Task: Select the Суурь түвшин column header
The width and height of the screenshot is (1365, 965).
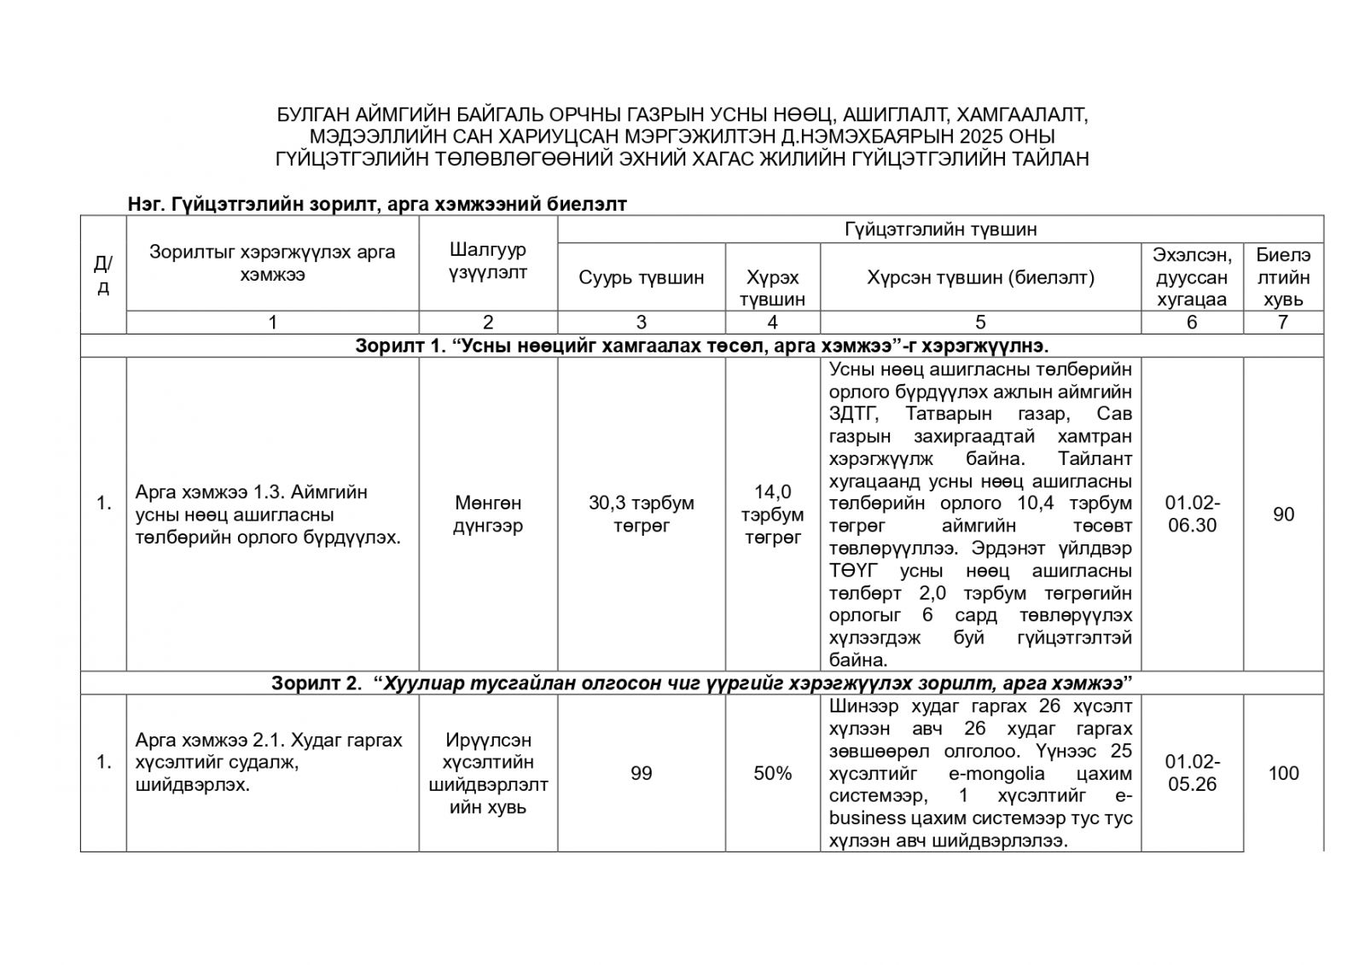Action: [641, 277]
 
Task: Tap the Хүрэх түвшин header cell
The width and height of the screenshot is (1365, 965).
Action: [772, 288]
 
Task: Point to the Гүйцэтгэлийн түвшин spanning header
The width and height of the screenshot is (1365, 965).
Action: [940, 229]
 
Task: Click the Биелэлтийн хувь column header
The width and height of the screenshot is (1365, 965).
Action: [1282, 276]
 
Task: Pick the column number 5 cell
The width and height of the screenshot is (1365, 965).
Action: [980, 322]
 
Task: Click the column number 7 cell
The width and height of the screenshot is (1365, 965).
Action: [1282, 322]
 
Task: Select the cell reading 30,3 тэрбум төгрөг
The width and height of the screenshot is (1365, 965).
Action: [641, 514]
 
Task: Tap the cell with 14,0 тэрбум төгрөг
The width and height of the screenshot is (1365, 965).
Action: [772, 514]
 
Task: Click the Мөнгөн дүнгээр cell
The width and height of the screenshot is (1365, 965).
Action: [487, 514]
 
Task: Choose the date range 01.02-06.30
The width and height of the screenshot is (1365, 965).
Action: [1192, 514]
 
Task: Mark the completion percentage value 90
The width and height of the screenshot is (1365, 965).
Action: [1283, 514]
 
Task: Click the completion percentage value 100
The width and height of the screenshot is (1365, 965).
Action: [1283, 773]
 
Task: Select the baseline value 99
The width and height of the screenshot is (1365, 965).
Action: [641, 773]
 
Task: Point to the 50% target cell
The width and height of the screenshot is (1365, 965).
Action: [772, 773]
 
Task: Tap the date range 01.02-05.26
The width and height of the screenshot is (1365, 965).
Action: [1192, 773]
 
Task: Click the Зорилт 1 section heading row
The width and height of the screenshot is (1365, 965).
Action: [701, 346]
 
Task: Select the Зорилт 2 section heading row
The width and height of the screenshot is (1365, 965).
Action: [701, 683]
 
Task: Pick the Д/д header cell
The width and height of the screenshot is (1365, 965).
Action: [103, 275]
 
